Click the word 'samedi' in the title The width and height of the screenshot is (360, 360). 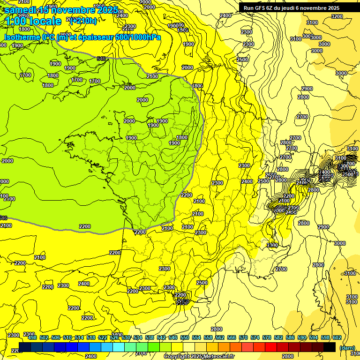pos(21,10)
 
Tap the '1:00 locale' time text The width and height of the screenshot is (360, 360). pos(33,21)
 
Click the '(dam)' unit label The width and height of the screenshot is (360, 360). pos(347,347)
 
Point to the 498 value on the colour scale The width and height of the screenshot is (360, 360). pos(32,337)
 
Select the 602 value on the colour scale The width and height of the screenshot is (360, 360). pos(337,337)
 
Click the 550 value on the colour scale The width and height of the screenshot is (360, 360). pos(185,337)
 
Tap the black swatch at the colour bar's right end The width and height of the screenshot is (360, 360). pos(330,347)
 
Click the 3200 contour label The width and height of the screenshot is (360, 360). pos(337,16)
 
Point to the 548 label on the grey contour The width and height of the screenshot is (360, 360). pos(101,59)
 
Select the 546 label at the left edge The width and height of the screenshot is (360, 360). pos(3,217)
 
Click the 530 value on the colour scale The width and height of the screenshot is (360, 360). pos(126,337)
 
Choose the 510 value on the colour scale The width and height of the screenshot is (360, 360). pos(67,337)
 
